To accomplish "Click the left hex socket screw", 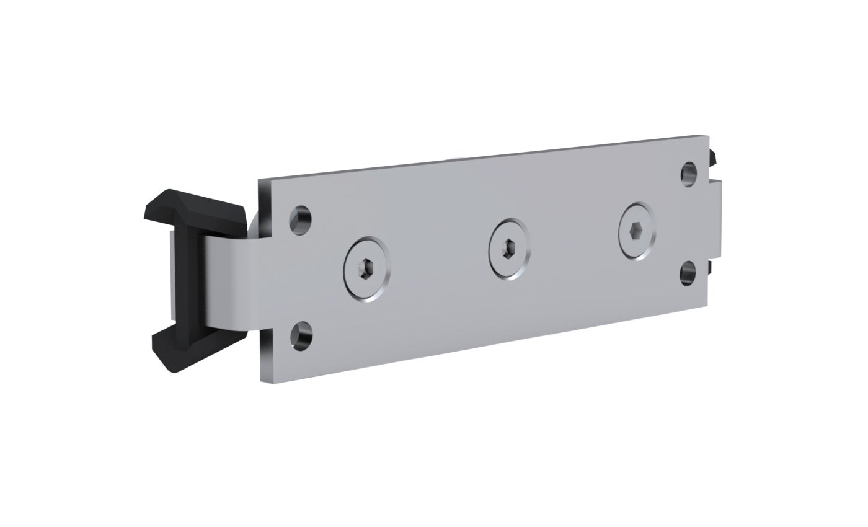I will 368,270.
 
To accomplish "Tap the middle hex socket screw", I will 508,248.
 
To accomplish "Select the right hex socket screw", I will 636,231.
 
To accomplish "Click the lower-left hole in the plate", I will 301,335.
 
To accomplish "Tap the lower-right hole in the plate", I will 688,273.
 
